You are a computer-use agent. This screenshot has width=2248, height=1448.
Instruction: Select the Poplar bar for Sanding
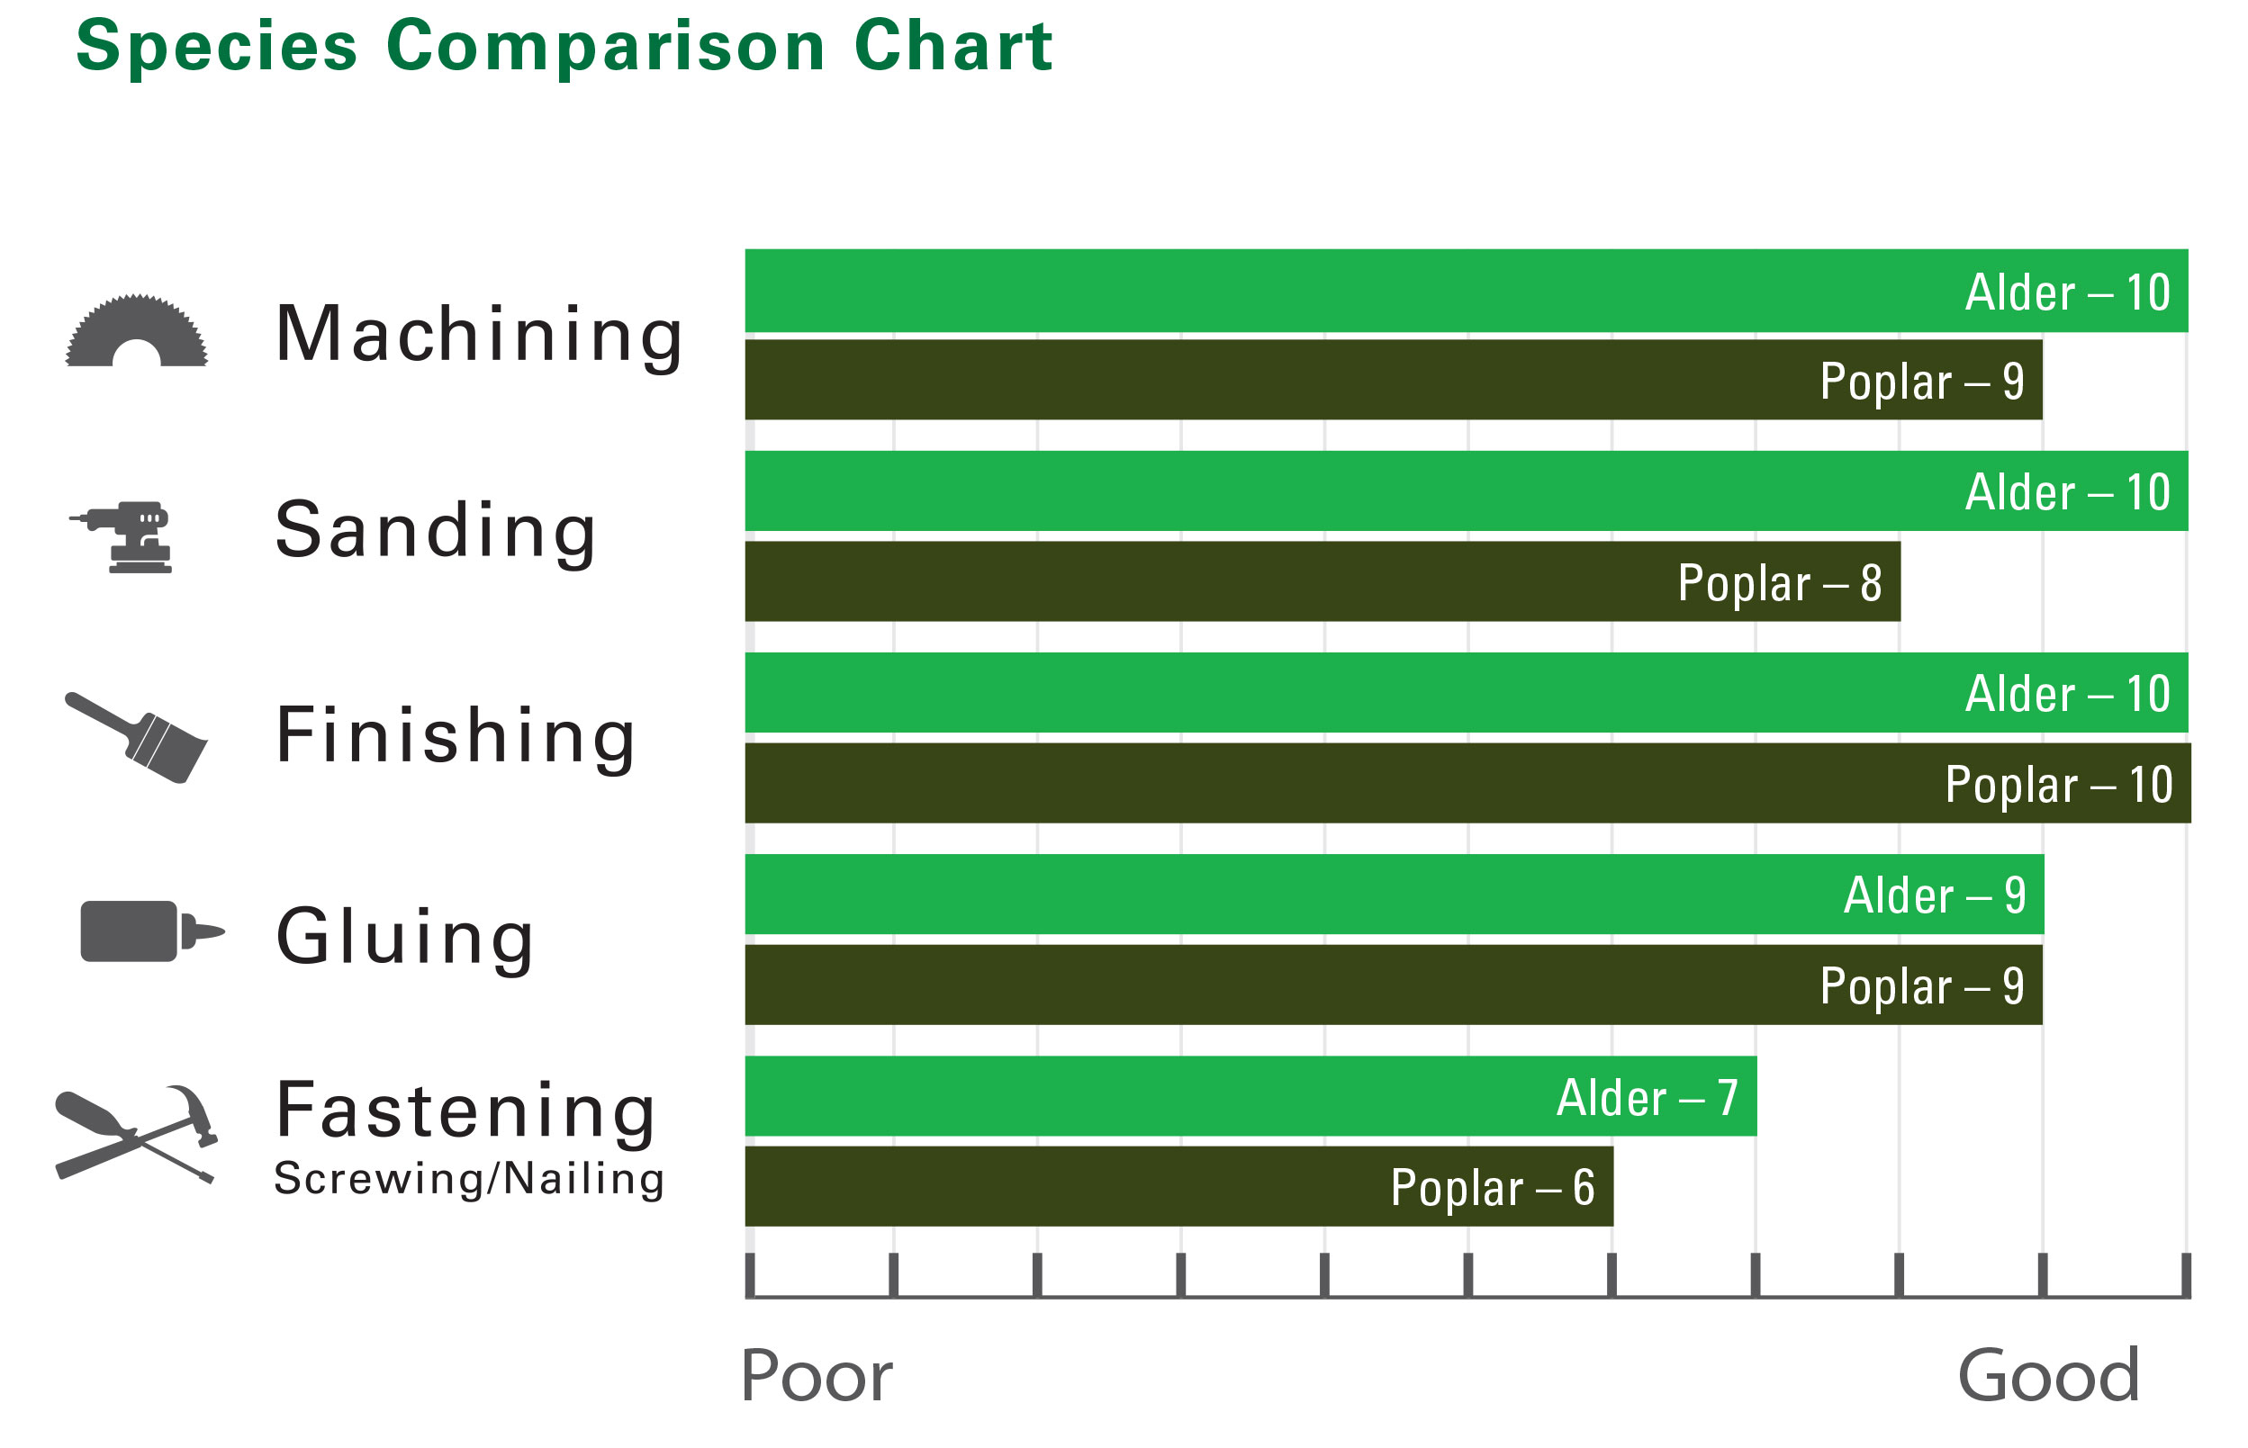click(x=1323, y=581)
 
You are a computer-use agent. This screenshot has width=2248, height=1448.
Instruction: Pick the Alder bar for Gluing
click(x=1394, y=895)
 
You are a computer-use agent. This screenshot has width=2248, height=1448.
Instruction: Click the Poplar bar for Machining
click(x=1393, y=380)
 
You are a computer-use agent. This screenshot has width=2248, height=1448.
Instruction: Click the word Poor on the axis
click(x=816, y=1376)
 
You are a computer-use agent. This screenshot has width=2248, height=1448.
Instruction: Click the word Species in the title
click(x=216, y=47)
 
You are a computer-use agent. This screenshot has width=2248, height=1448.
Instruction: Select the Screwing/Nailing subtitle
click(x=468, y=1178)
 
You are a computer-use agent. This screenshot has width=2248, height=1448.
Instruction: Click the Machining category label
click(x=479, y=335)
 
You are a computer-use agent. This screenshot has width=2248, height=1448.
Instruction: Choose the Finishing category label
click(x=456, y=736)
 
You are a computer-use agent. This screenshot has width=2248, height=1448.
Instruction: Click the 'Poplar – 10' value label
click(x=2059, y=784)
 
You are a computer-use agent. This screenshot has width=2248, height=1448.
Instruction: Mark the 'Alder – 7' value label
click(x=1647, y=1097)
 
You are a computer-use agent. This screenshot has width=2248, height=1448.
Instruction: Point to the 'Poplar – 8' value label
click(x=1780, y=583)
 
